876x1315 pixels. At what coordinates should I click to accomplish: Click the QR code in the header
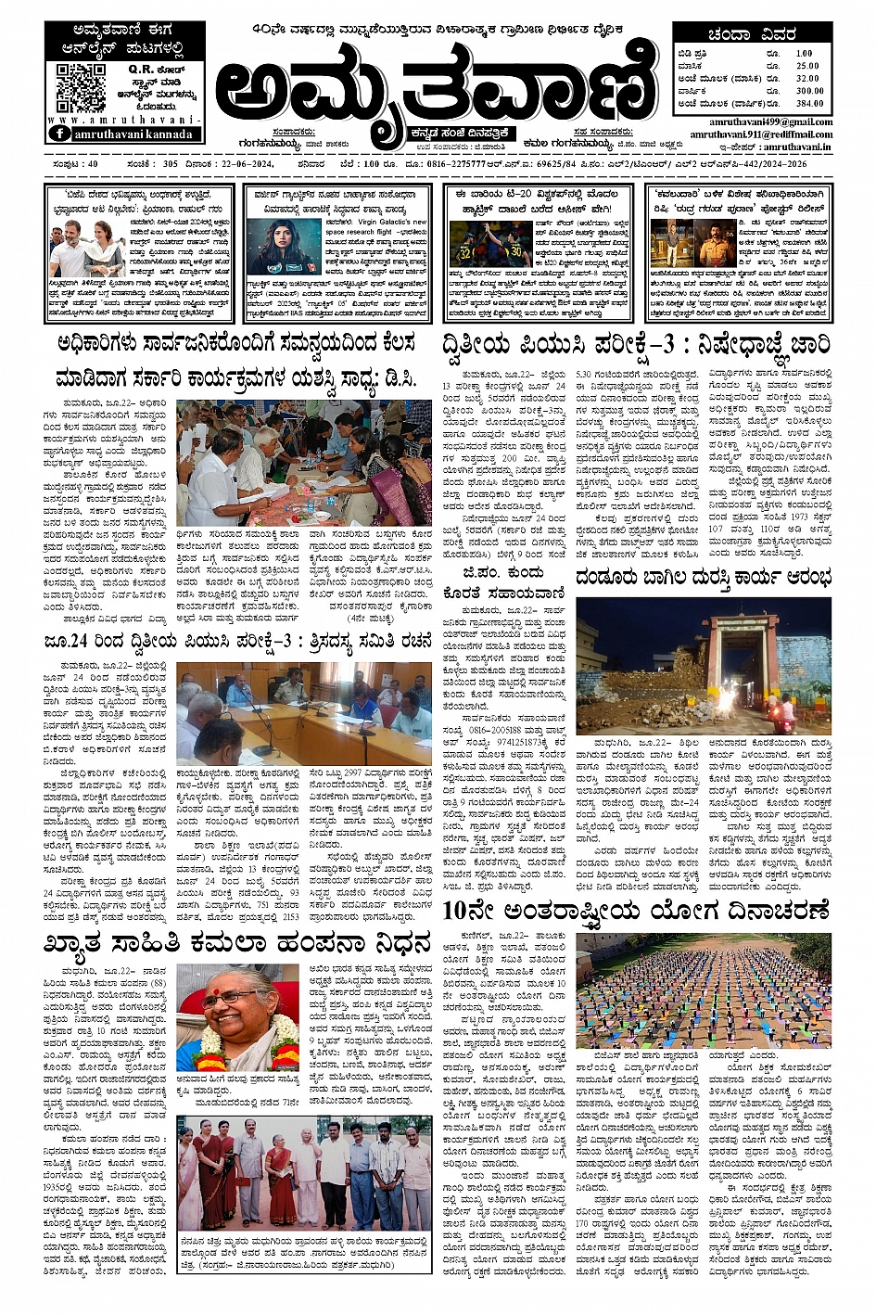tap(81, 87)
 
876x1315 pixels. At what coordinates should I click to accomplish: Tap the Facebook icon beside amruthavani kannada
tap(60, 134)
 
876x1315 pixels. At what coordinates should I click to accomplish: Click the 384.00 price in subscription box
tap(808, 103)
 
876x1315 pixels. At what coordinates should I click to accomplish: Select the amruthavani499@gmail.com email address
tap(770, 122)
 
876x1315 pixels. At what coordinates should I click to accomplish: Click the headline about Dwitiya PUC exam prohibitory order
tap(635, 345)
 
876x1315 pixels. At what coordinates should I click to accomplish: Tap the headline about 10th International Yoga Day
tap(635, 910)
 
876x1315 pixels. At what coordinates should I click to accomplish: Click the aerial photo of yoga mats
tap(704, 990)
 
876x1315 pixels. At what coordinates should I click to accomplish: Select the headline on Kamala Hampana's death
tap(237, 944)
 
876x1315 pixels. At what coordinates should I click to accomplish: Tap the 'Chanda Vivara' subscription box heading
tap(752, 35)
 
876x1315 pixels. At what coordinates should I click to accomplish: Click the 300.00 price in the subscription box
tap(808, 91)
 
